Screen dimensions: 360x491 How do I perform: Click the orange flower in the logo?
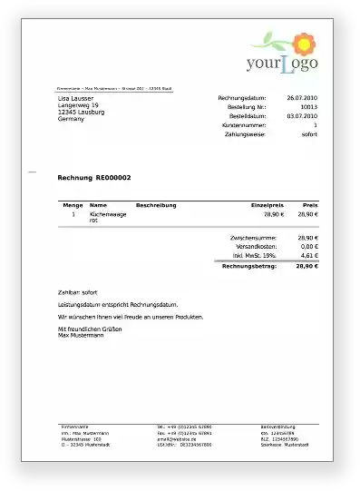pyautogui.click(x=301, y=40)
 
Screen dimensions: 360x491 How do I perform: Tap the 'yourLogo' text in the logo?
pyautogui.click(x=281, y=64)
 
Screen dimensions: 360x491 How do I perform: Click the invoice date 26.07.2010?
pyautogui.click(x=302, y=97)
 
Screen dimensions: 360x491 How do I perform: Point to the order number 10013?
pyautogui.click(x=308, y=107)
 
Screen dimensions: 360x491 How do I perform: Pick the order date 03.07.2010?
pyautogui.click(x=302, y=116)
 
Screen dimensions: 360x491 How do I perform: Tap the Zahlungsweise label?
pyautogui.click(x=245, y=134)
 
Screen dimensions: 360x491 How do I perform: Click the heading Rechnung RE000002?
pyautogui.click(x=94, y=177)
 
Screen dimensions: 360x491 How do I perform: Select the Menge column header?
pyautogui.click(x=73, y=205)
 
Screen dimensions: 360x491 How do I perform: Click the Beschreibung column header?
pyautogui.click(x=156, y=205)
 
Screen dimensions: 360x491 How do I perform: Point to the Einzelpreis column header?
pyautogui.click(x=267, y=205)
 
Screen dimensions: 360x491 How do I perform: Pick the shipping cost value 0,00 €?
pyautogui.click(x=308, y=247)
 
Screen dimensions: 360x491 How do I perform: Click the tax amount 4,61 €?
pyautogui.click(x=308, y=256)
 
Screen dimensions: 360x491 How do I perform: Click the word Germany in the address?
pyautogui.click(x=71, y=119)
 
